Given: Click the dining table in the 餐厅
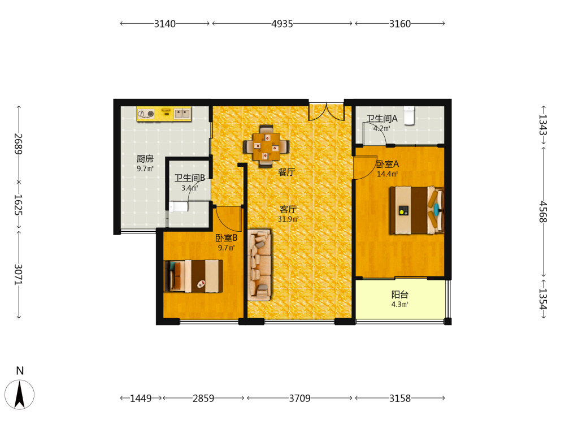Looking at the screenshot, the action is click(266, 147).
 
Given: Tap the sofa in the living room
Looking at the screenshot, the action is click(259, 265).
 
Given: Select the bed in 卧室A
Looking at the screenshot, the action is click(416, 210).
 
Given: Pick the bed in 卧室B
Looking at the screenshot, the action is click(193, 276).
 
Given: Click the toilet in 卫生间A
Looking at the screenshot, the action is click(409, 115).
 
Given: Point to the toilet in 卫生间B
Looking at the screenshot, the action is click(179, 206).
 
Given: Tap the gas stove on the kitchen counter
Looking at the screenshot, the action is click(146, 114).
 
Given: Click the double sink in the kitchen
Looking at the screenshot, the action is click(182, 114).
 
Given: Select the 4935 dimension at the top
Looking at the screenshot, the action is click(282, 24).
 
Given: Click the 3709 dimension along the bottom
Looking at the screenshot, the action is click(299, 399).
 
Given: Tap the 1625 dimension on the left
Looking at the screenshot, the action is click(19, 205).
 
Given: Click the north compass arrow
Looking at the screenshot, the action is click(19, 395).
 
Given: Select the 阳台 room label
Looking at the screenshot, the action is click(399, 295).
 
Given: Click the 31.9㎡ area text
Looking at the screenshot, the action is click(288, 219).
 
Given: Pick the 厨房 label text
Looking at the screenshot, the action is click(145, 159).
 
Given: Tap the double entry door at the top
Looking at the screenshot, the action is click(326, 112).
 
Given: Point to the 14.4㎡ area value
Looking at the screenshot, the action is click(387, 174).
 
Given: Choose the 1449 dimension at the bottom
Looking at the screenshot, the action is click(141, 399).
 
